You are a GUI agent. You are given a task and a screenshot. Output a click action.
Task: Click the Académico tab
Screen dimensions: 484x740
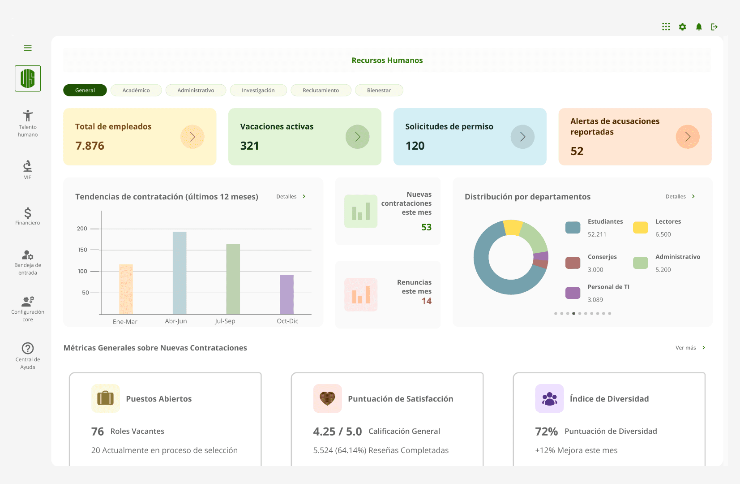[x=136, y=91]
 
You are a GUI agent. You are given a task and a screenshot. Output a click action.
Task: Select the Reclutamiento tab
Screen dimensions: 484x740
[x=321, y=91]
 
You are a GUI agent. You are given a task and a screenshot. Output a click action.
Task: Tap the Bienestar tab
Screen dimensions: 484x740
[x=379, y=91]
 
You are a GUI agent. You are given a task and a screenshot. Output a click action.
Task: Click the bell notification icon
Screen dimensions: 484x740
[x=699, y=27]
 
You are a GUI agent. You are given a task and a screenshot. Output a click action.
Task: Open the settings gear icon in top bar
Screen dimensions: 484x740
[x=682, y=27]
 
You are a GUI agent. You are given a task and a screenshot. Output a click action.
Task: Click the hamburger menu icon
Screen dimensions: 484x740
[x=28, y=48]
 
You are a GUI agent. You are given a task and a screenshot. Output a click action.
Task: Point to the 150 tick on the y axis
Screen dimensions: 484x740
[x=83, y=250]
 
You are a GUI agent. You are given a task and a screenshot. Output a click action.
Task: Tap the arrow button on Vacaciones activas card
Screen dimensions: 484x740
[x=357, y=137]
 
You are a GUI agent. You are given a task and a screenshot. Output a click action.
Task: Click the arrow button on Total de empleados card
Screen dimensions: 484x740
[x=192, y=137]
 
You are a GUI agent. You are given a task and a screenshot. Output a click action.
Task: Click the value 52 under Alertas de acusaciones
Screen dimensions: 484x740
[x=577, y=151]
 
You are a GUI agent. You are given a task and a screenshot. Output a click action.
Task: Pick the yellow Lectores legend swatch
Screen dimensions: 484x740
[x=641, y=228]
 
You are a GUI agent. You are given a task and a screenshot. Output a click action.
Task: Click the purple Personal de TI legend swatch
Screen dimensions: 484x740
[x=573, y=293]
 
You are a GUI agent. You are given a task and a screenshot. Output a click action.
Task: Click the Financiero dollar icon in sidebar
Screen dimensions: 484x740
[x=28, y=213]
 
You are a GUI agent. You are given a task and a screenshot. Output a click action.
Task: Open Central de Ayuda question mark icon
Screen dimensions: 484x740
[x=28, y=348]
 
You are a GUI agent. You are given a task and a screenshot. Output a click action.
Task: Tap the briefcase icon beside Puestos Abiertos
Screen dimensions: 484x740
[x=106, y=398]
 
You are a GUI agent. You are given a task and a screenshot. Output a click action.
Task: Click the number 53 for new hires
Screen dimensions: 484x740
[x=426, y=227]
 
